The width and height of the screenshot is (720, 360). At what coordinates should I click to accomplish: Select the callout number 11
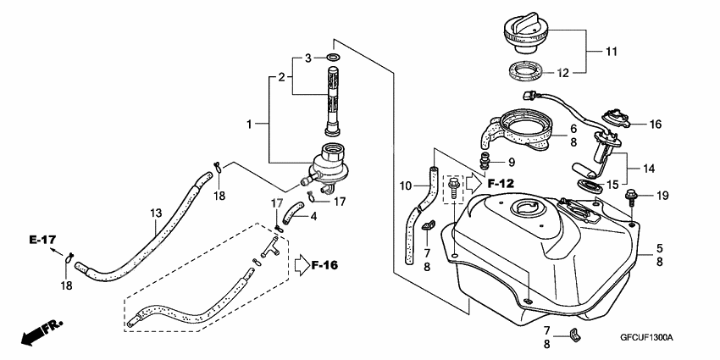pos(611,52)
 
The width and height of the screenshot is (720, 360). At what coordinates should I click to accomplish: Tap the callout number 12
pos(585,73)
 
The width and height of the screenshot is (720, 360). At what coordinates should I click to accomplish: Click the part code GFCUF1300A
pos(645,337)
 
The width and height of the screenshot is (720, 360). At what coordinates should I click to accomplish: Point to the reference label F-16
pos(324,266)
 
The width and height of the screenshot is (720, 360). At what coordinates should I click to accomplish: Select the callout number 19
pos(662,196)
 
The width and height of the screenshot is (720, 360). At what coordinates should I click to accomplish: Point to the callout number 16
pos(655,124)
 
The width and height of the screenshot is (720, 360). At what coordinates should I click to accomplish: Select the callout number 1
pos(250,124)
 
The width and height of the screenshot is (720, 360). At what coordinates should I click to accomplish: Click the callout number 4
pos(314,217)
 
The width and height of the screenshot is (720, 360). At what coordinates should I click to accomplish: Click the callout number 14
pos(649,169)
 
